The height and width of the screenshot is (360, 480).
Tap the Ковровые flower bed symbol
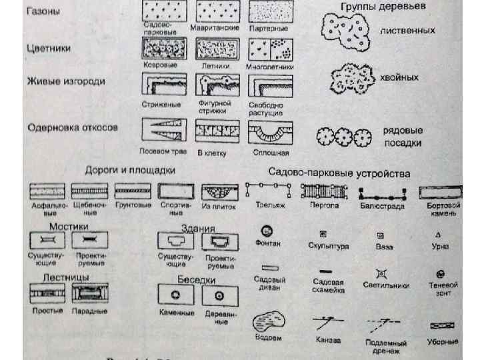tap(160, 50)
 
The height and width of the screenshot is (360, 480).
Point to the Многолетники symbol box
tap(267, 50)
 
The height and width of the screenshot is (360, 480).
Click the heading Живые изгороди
tap(65, 81)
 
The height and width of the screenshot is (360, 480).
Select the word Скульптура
tap(328, 246)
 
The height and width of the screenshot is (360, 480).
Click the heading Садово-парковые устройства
tap(339, 173)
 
